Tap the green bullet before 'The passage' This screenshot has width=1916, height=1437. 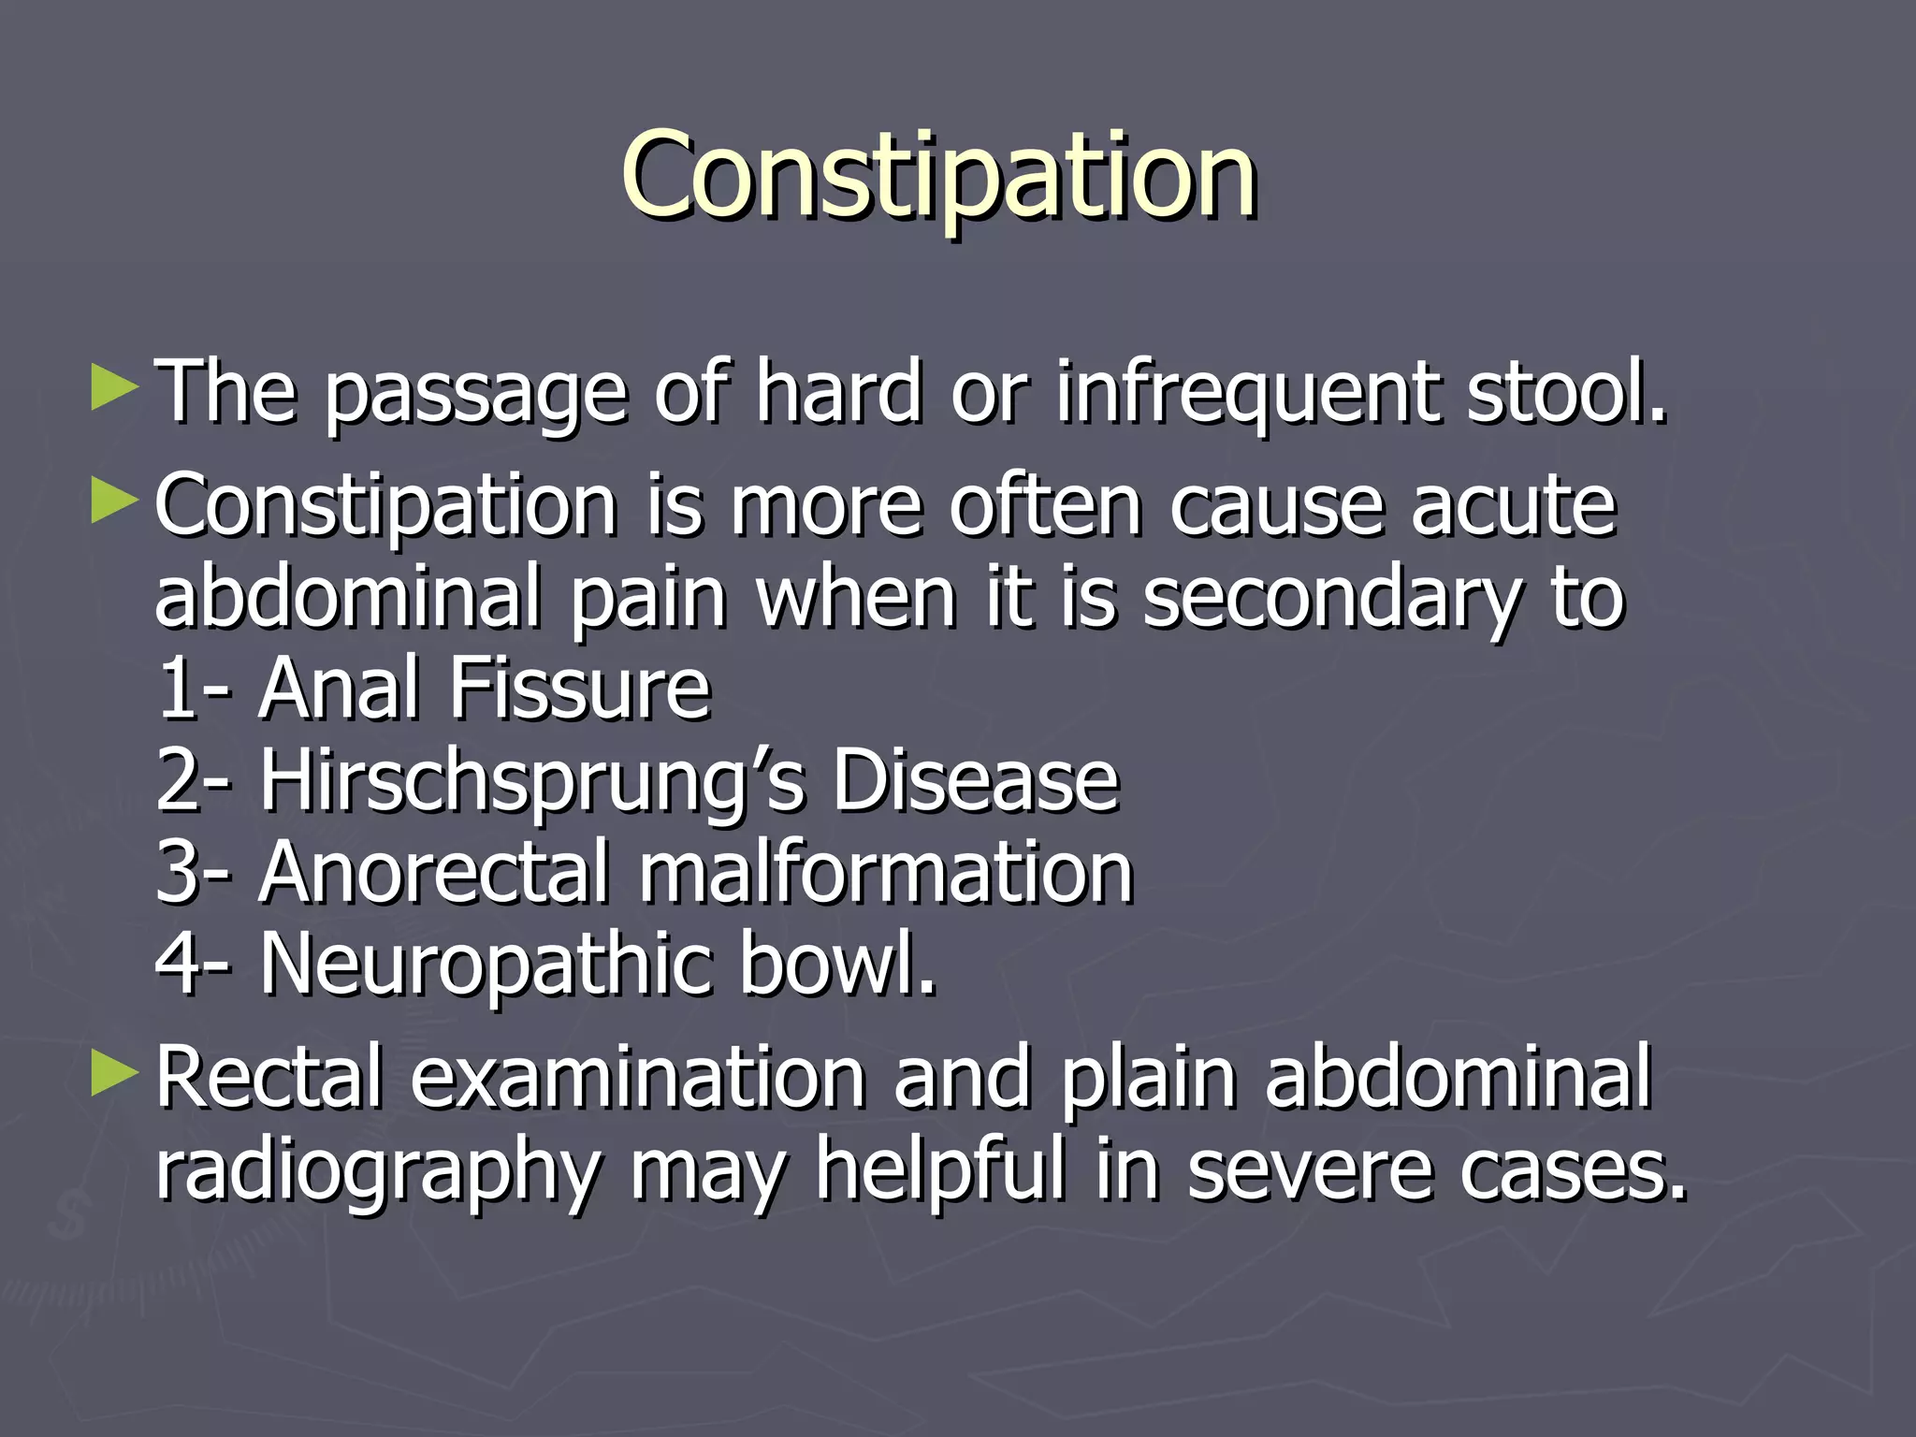point(114,388)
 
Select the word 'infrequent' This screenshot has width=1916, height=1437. point(1248,393)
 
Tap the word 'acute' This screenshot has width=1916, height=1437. point(1513,506)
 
